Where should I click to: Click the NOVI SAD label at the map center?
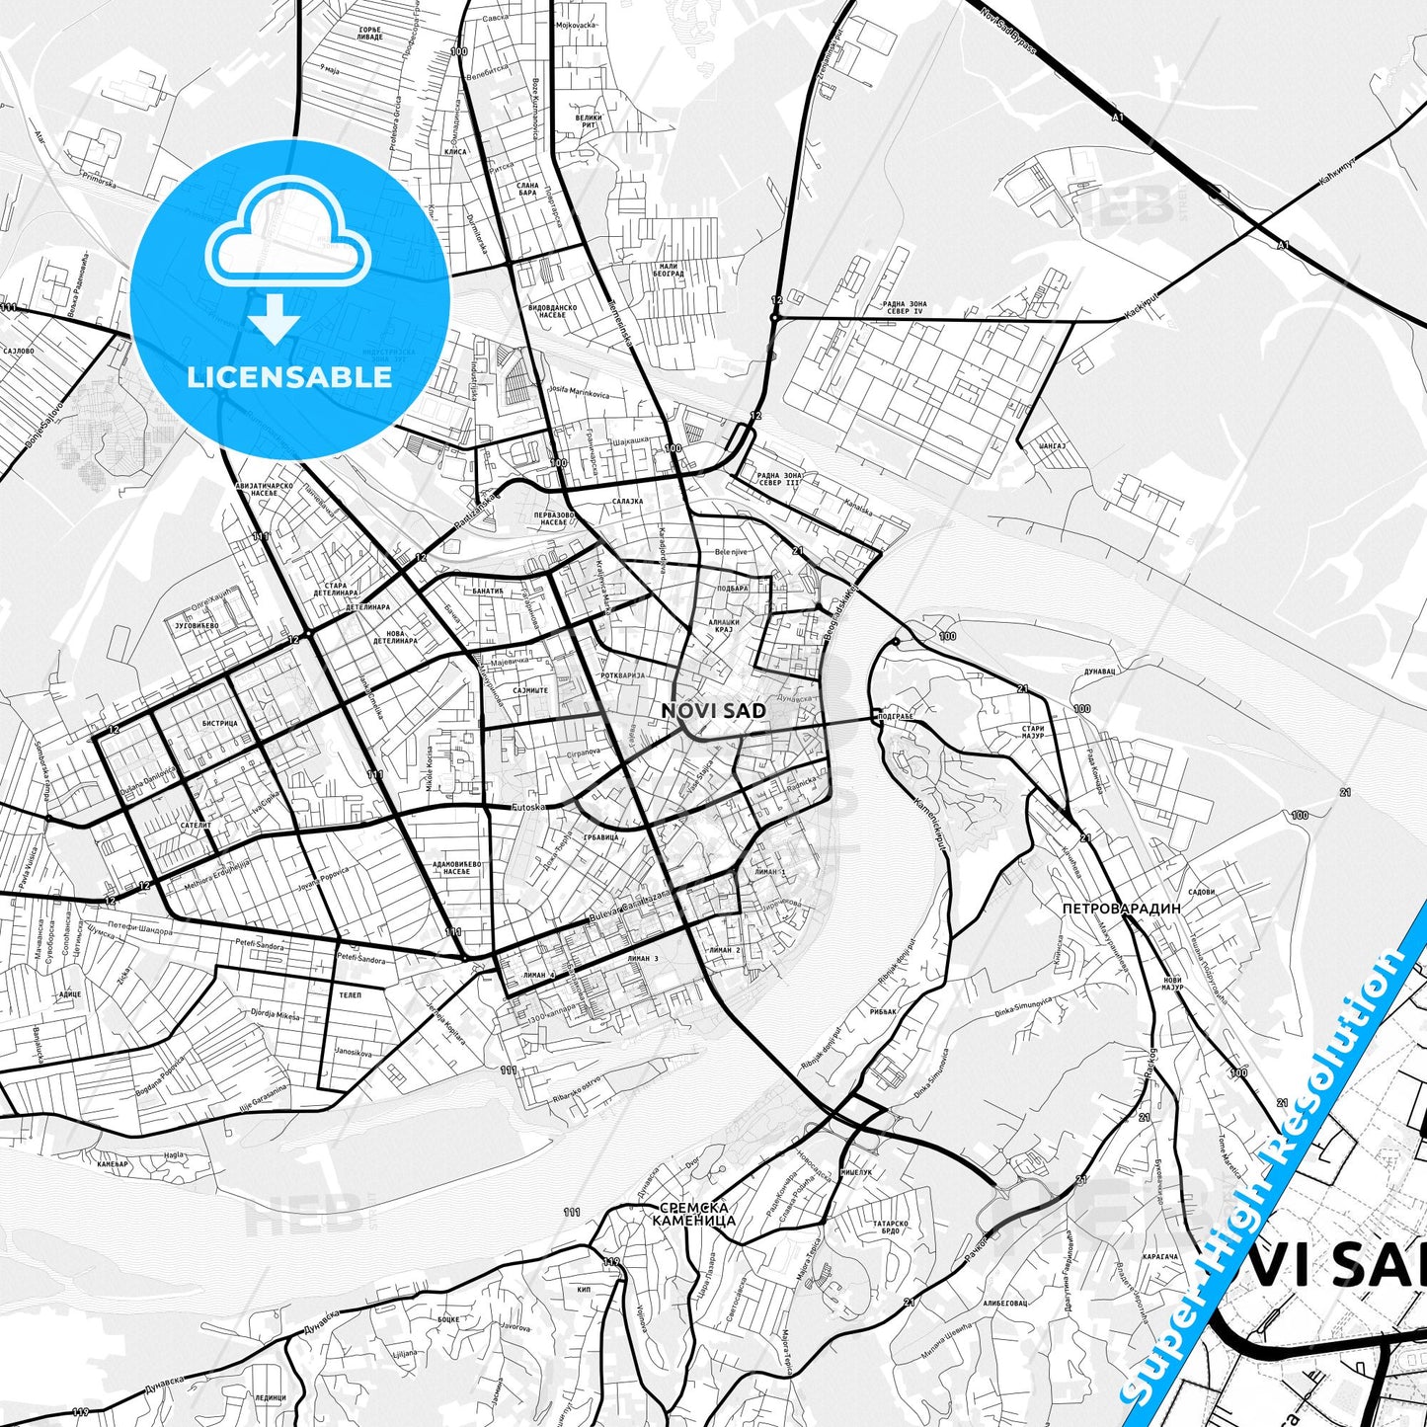point(713,710)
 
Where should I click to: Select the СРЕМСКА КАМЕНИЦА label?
point(693,1214)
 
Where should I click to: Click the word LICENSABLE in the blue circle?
point(290,376)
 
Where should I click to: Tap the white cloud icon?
point(288,243)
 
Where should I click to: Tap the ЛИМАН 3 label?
point(642,958)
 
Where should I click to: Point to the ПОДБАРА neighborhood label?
point(732,589)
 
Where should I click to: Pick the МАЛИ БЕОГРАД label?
point(672,271)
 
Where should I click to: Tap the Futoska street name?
point(529,807)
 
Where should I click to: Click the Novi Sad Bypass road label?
point(1009,30)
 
